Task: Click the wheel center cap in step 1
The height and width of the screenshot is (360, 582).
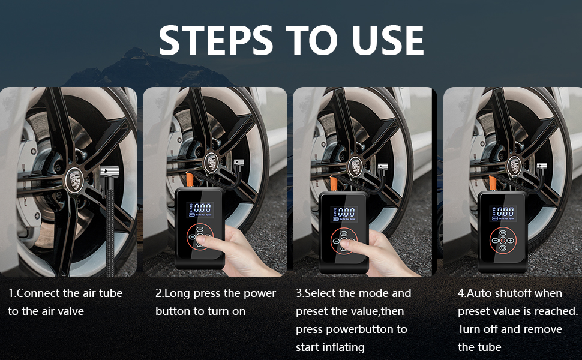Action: [74, 181]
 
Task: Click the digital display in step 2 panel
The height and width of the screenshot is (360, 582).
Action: [200, 210]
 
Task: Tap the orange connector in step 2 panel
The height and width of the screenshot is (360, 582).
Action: [189, 179]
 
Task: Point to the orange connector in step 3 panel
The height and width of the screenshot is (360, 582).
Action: [334, 184]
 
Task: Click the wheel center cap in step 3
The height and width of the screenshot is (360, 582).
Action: [356, 166]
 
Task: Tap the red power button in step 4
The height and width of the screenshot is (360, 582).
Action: [503, 241]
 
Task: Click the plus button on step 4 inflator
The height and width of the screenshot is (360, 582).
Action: [511, 241]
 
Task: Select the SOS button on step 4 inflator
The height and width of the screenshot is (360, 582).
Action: [503, 233]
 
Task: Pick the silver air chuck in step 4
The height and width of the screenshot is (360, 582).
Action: [541, 167]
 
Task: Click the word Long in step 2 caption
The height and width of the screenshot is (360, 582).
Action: [177, 294]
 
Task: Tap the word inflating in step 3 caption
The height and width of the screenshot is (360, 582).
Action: [343, 348]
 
